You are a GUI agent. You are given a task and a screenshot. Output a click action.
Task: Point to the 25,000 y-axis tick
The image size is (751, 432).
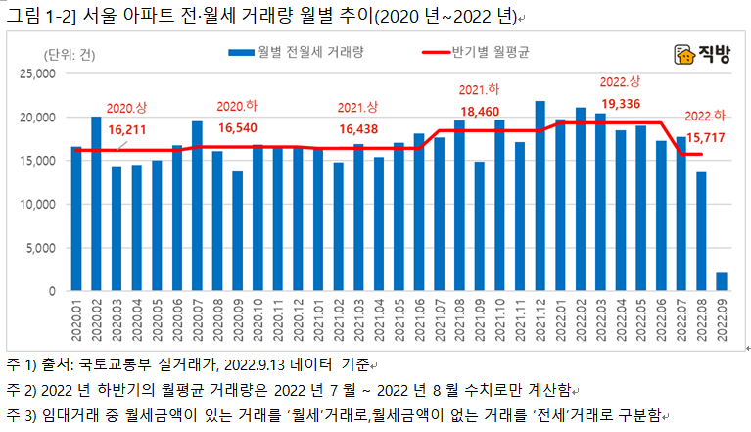point(40,73)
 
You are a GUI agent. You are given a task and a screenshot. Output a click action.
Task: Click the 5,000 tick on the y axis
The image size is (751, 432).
point(44,248)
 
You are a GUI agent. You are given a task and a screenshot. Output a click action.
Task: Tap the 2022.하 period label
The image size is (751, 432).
point(704,116)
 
